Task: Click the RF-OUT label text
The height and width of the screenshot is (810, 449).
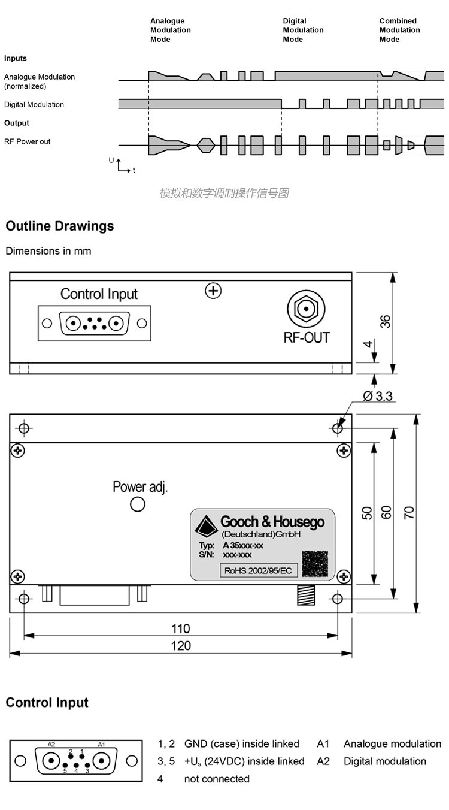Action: click(x=306, y=337)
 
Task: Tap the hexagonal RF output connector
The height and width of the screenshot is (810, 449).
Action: click(x=306, y=309)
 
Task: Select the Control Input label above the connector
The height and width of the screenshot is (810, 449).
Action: click(x=99, y=294)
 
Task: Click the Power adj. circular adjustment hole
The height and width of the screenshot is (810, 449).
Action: click(x=138, y=504)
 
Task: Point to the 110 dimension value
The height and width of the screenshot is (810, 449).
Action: click(x=180, y=628)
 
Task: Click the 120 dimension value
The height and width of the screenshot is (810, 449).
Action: click(x=180, y=645)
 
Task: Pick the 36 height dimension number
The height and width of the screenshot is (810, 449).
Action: click(x=386, y=322)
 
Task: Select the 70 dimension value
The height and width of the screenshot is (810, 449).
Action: click(x=409, y=513)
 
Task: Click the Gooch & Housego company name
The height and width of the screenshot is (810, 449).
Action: click(x=272, y=522)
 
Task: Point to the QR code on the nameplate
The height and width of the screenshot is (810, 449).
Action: click(x=315, y=563)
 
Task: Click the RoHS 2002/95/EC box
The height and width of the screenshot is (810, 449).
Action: click(x=257, y=570)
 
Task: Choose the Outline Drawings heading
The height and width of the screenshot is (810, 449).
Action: click(x=60, y=226)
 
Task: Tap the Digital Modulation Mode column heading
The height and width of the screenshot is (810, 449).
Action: click(x=303, y=30)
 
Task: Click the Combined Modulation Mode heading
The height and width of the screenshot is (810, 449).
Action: click(x=399, y=30)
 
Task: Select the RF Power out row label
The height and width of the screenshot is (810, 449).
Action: click(x=28, y=142)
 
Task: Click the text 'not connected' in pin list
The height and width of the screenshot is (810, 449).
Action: click(x=217, y=779)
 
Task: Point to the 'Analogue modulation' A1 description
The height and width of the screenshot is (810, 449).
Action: click(x=392, y=744)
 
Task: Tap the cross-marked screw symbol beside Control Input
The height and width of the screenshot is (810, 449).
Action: click(x=213, y=291)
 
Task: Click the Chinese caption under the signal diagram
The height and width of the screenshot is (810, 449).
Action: click(x=224, y=193)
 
